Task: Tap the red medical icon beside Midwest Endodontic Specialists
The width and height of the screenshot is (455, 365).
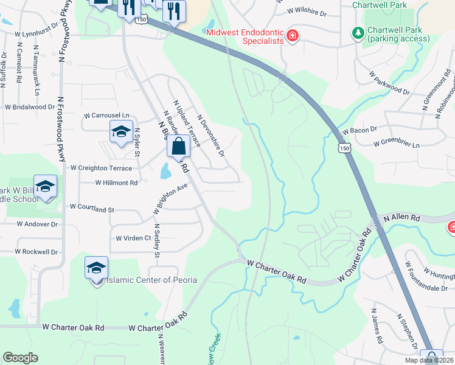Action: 293,36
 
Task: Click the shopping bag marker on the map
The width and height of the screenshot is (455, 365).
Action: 178,147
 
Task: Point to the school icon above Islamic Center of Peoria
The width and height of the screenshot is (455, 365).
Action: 96,267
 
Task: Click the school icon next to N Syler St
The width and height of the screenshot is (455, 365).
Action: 121,131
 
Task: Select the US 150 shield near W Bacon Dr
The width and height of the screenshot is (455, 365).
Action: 345,148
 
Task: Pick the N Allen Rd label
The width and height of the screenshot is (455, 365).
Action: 401,218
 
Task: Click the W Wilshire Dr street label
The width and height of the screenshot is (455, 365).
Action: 305,12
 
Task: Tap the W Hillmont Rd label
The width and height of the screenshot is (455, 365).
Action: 117,182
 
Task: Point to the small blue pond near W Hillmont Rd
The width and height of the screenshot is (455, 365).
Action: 165,171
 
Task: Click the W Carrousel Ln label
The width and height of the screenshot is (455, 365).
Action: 107,115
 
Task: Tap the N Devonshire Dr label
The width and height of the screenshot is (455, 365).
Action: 211,136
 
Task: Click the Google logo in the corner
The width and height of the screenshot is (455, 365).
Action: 20,358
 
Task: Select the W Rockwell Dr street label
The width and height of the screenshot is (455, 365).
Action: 36,251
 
